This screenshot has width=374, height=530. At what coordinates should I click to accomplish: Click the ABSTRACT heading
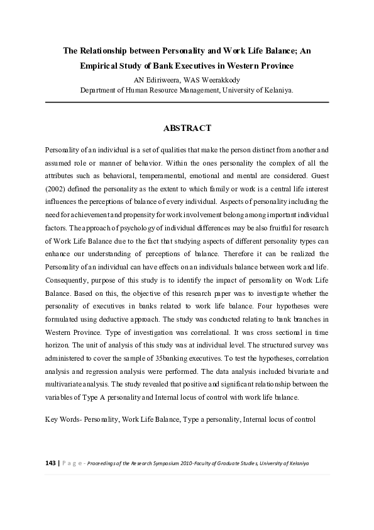[x=187, y=128]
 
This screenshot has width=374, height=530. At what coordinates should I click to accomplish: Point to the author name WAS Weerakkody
[x=214, y=79]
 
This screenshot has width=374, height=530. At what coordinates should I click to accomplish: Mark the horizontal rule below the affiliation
[x=187, y=101]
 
